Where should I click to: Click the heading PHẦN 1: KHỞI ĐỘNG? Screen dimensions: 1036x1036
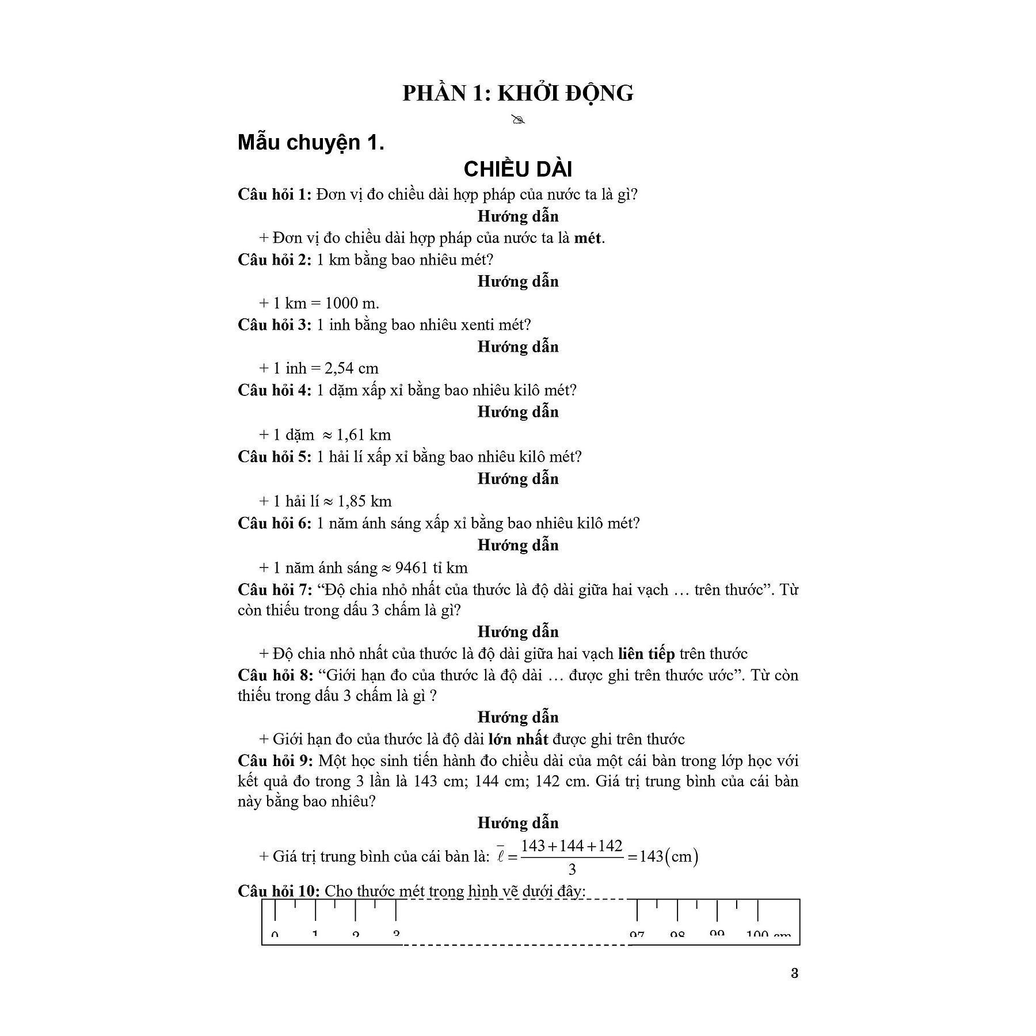(x=517, y=93)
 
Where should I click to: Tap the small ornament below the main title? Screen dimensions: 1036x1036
(x=518, y=120)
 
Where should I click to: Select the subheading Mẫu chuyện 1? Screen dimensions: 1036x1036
(x=311, y=142)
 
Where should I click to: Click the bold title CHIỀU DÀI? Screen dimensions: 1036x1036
(x=517, y=169)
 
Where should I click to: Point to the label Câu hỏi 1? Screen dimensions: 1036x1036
(x=275, y=194)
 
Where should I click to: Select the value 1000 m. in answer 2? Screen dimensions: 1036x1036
(x=352, y=303)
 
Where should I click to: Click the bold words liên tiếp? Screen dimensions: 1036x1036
(x=646, y=653)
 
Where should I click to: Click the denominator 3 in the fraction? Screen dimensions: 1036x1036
(x=572, y=869)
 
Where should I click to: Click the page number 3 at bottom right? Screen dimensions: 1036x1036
(x=795, y=973)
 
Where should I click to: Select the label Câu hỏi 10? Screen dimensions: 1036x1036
(x=279, y=891)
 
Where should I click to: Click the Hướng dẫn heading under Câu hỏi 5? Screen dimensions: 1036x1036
(x=518, y=479)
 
